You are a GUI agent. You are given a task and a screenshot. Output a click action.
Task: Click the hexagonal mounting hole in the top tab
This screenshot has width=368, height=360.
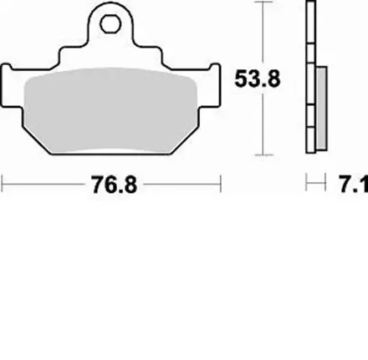click(x=110, y=18)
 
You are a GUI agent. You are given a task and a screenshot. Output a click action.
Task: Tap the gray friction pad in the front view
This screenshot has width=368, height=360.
click(x=111, y=113)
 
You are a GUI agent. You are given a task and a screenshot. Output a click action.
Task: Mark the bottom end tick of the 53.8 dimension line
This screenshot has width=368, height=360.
click(x=265, y=156)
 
